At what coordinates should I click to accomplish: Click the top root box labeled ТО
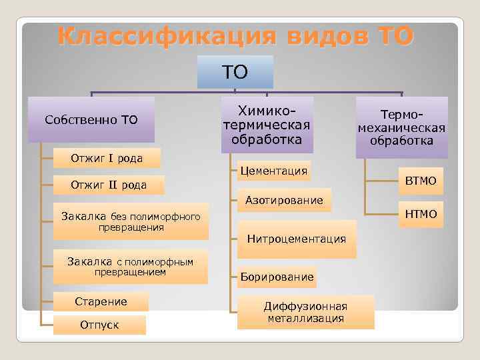coord(235,72)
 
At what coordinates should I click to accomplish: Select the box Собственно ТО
coord(91,120)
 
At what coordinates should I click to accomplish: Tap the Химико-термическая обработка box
coord(267,125)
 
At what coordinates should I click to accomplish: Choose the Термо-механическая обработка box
coord(401,127)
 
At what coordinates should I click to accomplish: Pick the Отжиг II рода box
coord(109,185)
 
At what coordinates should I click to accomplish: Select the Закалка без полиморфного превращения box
coord(131,221)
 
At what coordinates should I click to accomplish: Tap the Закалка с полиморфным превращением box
coord(131,267)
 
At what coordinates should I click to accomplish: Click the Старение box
coord(101,301)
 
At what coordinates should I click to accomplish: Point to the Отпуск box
coord(99,325)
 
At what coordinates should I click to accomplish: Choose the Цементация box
coord(273,171)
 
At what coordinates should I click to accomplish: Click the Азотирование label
coord(284,200)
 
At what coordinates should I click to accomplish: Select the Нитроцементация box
coord(297,239)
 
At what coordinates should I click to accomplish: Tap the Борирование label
coord(277,276)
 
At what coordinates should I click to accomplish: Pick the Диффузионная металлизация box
coord(305,312)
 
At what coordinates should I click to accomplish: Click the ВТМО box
coord(421,180)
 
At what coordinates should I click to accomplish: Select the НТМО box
coord(421,213)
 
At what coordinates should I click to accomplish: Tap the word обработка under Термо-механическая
coord(402,141)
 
